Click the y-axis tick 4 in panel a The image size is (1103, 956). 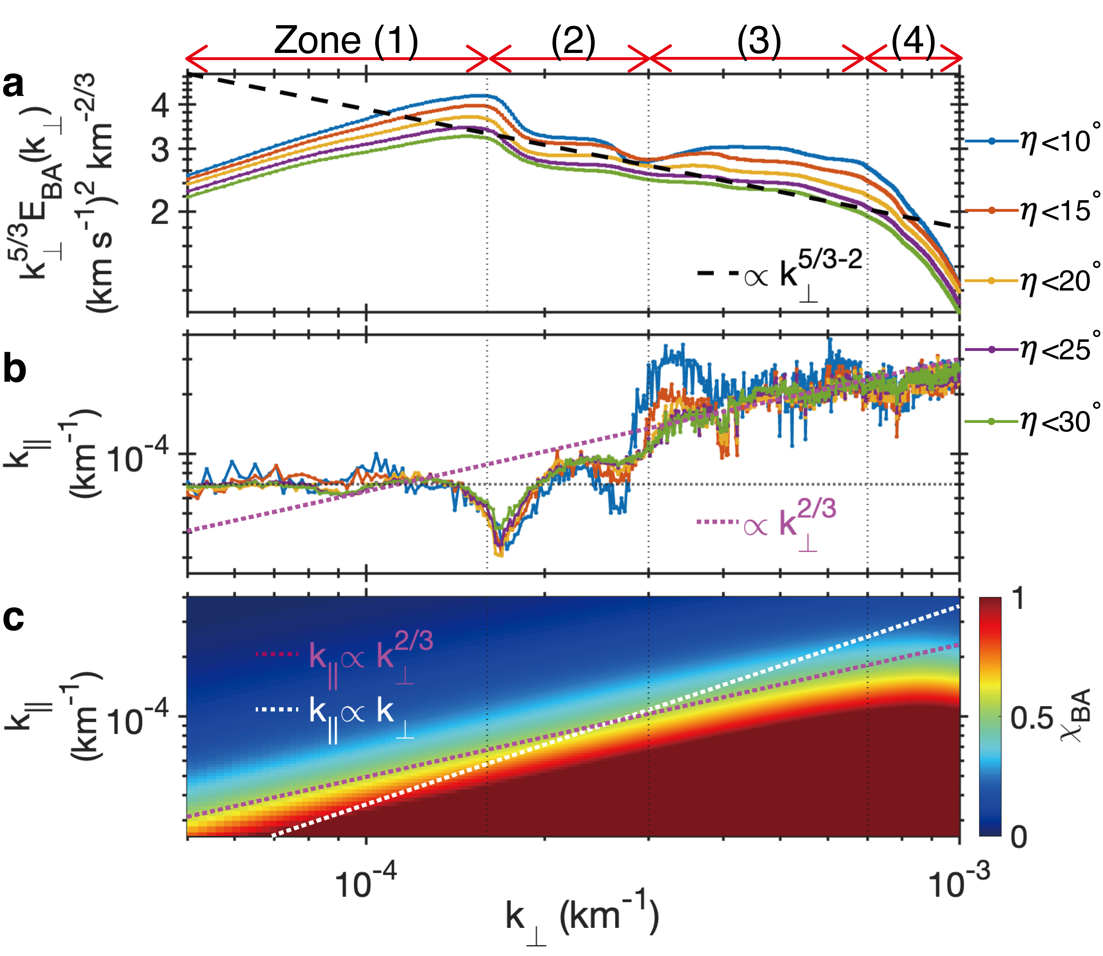160,105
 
